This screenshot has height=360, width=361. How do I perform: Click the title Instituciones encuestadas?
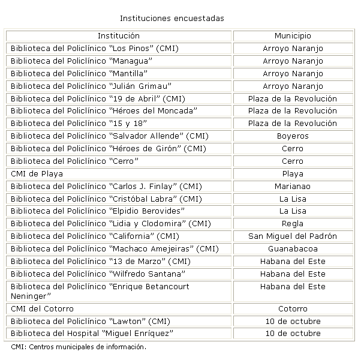click(172, 19)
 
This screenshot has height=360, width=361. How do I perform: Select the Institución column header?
click(119, 36)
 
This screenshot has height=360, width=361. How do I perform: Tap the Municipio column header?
click(293, 36)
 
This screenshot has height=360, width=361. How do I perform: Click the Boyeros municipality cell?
click(293, 136)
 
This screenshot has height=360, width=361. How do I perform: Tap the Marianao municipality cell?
click(293, 186)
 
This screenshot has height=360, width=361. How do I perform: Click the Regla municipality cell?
click(293, 224)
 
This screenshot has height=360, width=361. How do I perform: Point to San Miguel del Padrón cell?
click(293, 236)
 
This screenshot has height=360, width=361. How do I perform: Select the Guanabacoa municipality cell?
click(293, 249)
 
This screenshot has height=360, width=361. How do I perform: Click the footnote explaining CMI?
click(79, 347)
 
